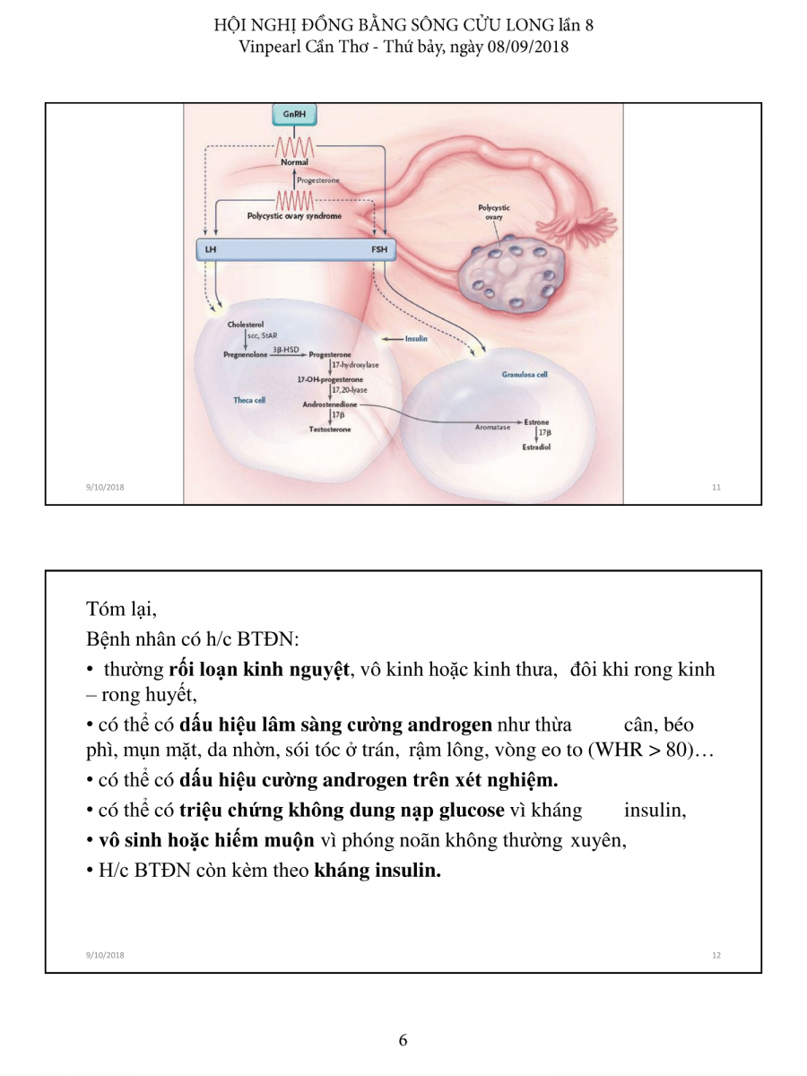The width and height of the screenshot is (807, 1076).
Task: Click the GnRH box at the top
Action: click(293, 115)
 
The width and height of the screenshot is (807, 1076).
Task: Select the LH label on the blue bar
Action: click(211, 250)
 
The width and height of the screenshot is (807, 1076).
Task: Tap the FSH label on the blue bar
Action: click(380, 250)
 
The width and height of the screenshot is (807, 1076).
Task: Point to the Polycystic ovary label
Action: click(493, 213)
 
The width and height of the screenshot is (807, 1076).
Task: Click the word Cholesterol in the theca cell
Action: click(246, 325)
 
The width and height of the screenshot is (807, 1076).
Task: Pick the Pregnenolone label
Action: click(247, 354)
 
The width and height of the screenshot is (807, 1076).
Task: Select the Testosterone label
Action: click(330, 430)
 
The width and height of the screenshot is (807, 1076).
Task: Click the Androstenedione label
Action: click(329, 404)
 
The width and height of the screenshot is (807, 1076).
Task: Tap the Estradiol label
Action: click(536, 446)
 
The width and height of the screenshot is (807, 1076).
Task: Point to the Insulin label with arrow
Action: click(414, 340)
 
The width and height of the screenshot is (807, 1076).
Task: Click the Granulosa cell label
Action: click(525, 375)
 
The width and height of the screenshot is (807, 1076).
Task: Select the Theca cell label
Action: click(249, 400)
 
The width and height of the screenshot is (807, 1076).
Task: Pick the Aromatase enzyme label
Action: click(492, 428)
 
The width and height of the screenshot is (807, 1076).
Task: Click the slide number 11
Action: click(716, 488)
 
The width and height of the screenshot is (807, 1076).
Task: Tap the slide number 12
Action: click(716, 955)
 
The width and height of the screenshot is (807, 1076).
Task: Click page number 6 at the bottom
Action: click(403, 1040)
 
